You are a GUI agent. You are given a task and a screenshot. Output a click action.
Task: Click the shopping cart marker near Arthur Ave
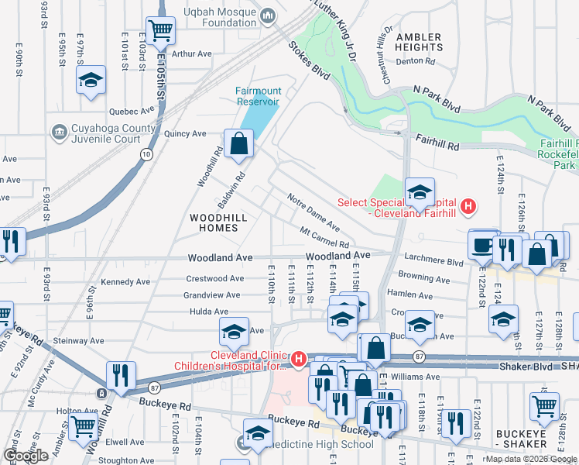(x=161, y=31)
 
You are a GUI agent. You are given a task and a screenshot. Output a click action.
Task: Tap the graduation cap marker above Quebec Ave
(x=91, y=80)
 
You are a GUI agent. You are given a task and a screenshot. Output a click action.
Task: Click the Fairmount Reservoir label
(x=258, y=96)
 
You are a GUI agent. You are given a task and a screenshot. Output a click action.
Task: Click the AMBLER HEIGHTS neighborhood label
(x=418, y=42)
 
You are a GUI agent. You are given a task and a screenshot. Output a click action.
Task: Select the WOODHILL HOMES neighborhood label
(x=218, y=223)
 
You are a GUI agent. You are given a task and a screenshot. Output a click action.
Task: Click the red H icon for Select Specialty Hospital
(x=467, y=206)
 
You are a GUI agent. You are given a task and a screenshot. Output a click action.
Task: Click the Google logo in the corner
(x=26, y=456)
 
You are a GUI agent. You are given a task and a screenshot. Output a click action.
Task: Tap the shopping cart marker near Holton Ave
(x=83, y=425)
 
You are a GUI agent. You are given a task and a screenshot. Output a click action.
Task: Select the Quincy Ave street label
(x=185, y=133)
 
